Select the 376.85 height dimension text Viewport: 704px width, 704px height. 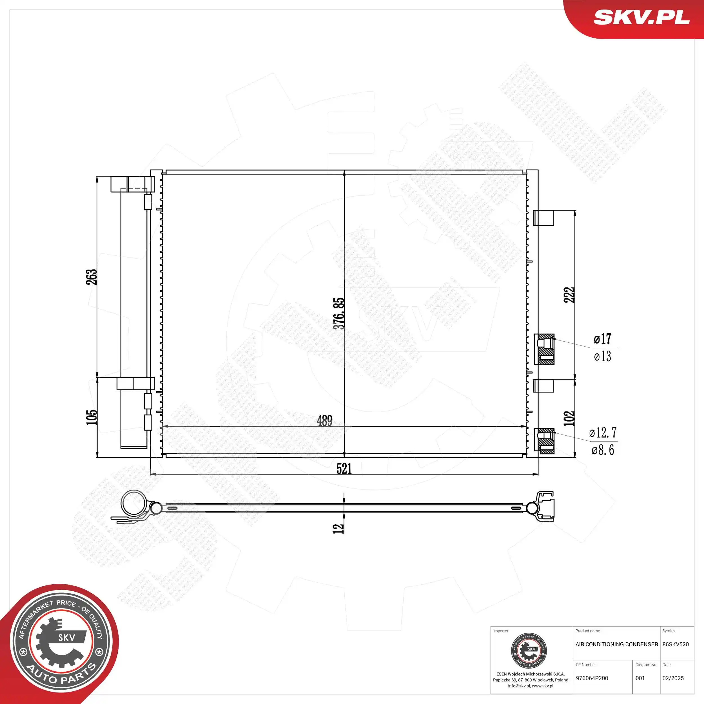coord(339,313)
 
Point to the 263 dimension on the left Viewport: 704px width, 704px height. coord(92,277)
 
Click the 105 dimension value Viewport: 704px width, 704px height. coord(92,417)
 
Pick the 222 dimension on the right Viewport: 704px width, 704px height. coord(569,295)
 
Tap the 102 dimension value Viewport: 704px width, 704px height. coord(569,418)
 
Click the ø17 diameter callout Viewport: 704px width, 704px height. coord(602,339)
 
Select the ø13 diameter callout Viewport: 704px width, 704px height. coord(602,356)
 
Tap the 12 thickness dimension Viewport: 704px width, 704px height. coord(338,528)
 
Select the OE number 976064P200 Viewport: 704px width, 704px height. coord(592,678)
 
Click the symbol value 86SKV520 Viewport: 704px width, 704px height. coord(676,644)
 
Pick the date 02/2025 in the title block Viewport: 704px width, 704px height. coord(673,678)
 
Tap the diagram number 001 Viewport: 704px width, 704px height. coord(640,678)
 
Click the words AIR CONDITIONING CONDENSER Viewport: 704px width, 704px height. coord(616,644)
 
